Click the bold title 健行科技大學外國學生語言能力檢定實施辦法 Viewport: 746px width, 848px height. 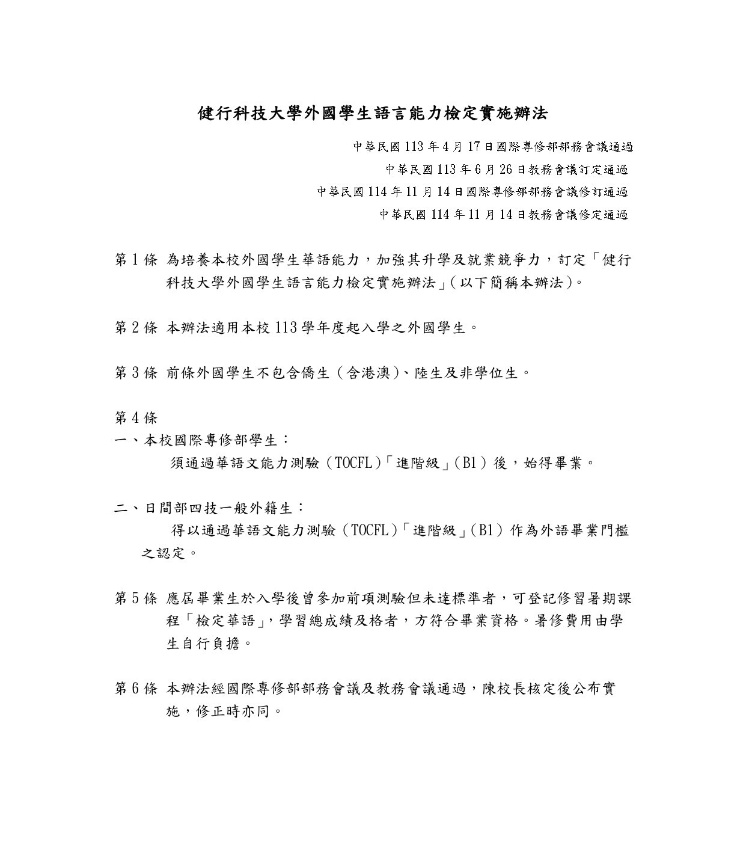(x=373, y=114)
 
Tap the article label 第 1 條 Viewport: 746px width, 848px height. (x=136, y=260)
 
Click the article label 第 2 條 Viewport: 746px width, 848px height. (x=136, y=328)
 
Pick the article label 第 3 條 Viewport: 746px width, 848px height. (x=136, y=373)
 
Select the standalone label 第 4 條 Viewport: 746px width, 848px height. (x=136, y=418)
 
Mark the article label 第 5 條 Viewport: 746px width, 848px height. (x=136, y=599)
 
